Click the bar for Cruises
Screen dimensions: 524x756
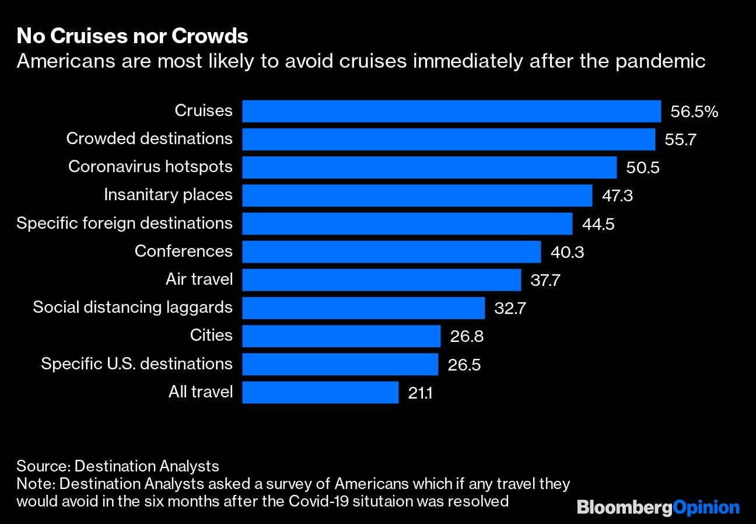pyautogui.click(x=451, y=111)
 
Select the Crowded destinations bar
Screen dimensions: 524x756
pyautogui.click(x=448, y=139)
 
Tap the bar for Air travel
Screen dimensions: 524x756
pyautogui.click(x=381, y=280)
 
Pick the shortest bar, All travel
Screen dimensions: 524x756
pyautogui.click(x=320, y=392)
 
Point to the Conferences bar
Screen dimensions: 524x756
pyautogui.click(x=391, y=251)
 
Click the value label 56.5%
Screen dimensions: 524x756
pyautogui.click(x=694, y=111)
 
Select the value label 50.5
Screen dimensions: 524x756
pyautogui.click(x=643, y=167)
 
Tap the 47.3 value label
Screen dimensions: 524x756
pyautogui.click(x=617, y=195)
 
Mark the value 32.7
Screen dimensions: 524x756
pyautogui.click(x=510, y=308)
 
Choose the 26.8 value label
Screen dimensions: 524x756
pyautogui.click(x=467, y=336)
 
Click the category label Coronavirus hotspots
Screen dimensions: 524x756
pyautogui.click(x=150, y=167)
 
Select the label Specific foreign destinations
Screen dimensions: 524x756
pyautogui.click(x=124, y=223)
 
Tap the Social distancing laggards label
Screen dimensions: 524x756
pyautogui.click(x=132, y=308)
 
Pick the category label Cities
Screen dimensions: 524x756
pyautogui.click(x=211, y=336)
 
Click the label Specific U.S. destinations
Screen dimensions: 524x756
pyautogui.click(x=136, y=364)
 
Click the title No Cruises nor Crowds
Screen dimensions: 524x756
pyautogui.click(x=132, y=36)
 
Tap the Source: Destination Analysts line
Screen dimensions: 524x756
pyautogui.click(x=118, y=466)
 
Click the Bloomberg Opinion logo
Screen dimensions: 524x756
pyautogui.click(x=658, y=507)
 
